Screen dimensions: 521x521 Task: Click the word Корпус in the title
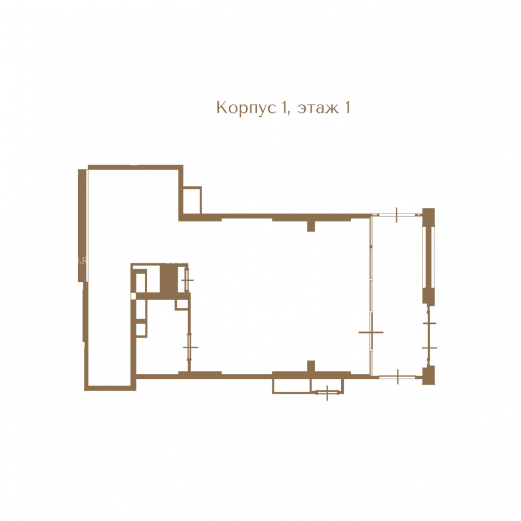[x=246, y=108]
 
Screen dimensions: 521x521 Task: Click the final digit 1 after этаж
[x=348, y=108]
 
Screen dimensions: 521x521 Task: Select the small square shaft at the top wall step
[x=192, y=201]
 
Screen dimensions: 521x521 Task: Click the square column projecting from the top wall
[x=311, y=226]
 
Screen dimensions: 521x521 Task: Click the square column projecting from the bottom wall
[x=311, y=366]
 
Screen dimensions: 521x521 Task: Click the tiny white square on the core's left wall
[x=133, y=296]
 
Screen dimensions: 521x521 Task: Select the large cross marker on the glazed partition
[x=371, y=332]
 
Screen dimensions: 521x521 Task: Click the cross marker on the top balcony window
[x=396, y=215]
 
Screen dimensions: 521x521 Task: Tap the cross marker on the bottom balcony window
[x=398, y=377]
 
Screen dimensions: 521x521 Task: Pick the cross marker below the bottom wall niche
[x=327, y=393]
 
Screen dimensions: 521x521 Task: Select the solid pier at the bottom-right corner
[x=429, y=376]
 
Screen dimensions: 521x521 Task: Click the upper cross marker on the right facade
[x=429, y=323]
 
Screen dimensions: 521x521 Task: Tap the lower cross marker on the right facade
[x=429, y=348]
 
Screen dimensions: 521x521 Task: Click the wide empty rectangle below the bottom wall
[x=291, y=386]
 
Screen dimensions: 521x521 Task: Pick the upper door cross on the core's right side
[x=187, y=280]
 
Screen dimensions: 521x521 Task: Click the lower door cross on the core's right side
[x=190, y=348]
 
